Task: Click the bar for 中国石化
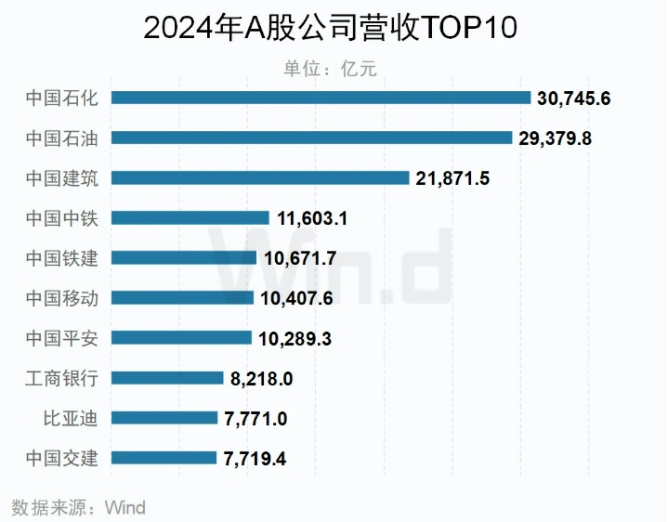[321, 98]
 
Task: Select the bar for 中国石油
[311, 137]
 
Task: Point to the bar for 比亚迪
[164, 418]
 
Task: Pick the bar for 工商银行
[167, 378]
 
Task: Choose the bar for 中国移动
[182, 297]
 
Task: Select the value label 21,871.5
[452, 178]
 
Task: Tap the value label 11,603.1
[313, 218]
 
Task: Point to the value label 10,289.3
[295, 338]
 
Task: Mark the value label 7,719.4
[255, 458]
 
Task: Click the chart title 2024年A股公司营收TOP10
[330, 28]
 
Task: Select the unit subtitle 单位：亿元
[330, 68]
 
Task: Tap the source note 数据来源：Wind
[79, 507]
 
